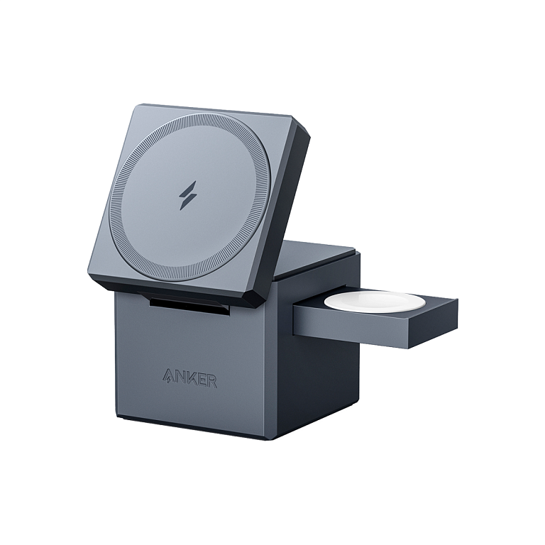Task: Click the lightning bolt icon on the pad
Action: coord(187,195)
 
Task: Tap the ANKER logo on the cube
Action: coord(189,378)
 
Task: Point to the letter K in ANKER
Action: coord(190,378)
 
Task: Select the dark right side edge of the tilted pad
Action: coord(287,213)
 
